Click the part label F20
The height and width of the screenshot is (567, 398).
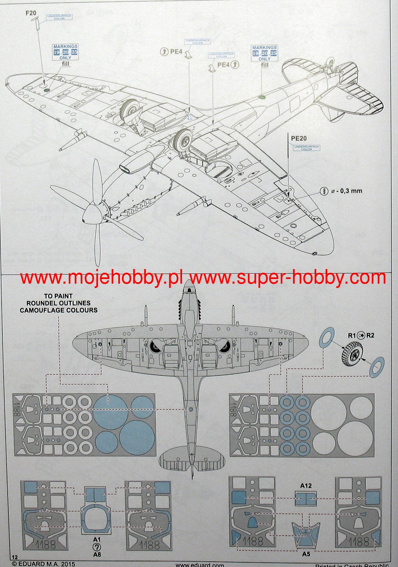click(x=31, y=13)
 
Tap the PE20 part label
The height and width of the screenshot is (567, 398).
click(x=299, y=138)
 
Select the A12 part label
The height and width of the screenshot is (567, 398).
click(x=306, y=486)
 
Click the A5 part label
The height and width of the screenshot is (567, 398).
click(x=306, y=554)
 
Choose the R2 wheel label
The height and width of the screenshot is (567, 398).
click(x=370, y=335)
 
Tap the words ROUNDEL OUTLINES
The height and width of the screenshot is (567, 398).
click(x=58, y=303)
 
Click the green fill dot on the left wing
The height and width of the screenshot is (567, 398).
click(x=47, y=89)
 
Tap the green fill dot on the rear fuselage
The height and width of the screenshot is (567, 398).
click(x=262, y=97)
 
